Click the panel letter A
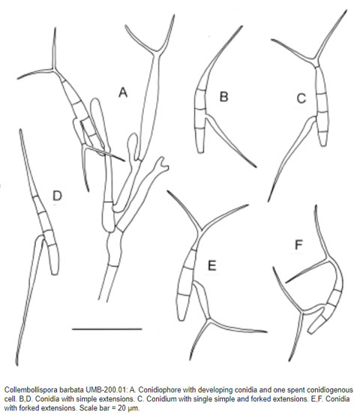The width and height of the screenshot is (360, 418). tap(123, 92)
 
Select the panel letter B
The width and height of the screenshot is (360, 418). tap(223, 97)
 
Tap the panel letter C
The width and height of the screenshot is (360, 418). tap(301, 98)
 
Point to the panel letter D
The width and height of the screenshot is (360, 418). tap(57, 195)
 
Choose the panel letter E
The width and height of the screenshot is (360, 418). tap(211, 266)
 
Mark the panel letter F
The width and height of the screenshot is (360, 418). tap(298, 245)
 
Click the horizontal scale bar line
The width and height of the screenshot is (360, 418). tap(106, 329)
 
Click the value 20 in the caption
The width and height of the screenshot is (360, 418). tap(121, 408)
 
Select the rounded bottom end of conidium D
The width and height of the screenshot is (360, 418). tap(55, 272)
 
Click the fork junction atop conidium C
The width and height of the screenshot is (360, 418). tap(315, 59)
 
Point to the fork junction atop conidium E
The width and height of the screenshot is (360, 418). tap(200, 230)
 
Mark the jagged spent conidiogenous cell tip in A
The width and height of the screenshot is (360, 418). tap(162, 164)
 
